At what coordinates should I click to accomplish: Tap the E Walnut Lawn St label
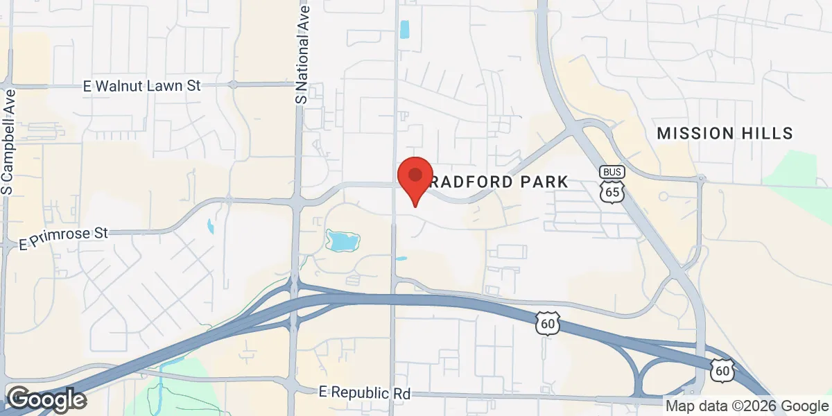pyautogui.click(x=141, y=86)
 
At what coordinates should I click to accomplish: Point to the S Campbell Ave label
pyautogui.click(x=8, y=141)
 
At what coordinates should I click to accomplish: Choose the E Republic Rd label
pyautogui.click(x=365, y=392)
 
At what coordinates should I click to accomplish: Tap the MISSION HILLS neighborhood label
pyautogui.click(x=725, y=133)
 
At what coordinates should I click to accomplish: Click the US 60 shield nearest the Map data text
pyautogui.click(x=722, y=369)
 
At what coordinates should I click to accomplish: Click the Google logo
pyautogui.click(x=46, y=399)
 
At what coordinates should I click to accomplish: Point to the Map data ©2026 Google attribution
pyautogui.click(x=747, y=406)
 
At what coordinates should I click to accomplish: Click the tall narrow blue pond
pyautogui.click(x=405, y=30)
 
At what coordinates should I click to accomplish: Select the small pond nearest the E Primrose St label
pyautogui.click(x=210, y=226)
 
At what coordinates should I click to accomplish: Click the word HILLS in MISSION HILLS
pyautogui.click(x=768, y=133)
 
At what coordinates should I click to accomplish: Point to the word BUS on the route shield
pyautogui.click(x=612, y=171)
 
